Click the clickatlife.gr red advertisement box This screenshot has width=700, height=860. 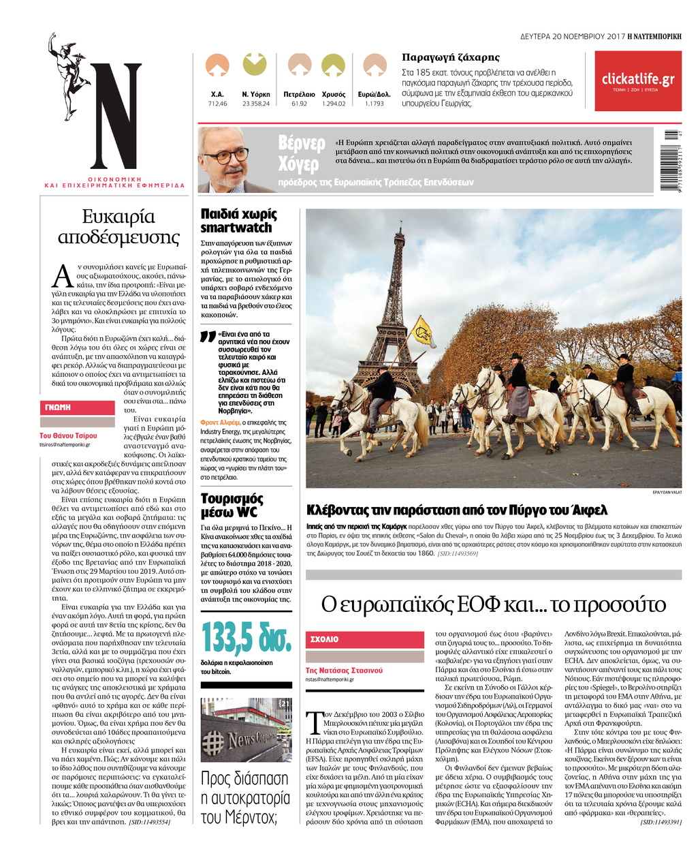coord(637,81)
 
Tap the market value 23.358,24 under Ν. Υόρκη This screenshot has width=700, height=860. coord(255,104)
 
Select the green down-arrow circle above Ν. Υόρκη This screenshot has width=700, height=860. coord(255,65)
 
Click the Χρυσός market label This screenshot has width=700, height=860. coord(333,94)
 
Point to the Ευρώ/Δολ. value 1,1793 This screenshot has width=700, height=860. coord(374,104)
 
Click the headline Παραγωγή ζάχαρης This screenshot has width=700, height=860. coord(451,57)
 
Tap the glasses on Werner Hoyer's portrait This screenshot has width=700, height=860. coord(225,155)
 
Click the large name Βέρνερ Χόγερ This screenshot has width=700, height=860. coord(302,154)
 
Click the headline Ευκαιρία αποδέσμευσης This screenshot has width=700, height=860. coord(118,227)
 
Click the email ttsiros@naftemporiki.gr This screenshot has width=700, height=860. coord(65,444)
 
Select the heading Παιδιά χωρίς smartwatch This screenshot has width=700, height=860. coord(238,221)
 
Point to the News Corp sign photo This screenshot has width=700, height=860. coord(246,730)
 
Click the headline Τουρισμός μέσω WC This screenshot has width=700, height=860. coord(232,506)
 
